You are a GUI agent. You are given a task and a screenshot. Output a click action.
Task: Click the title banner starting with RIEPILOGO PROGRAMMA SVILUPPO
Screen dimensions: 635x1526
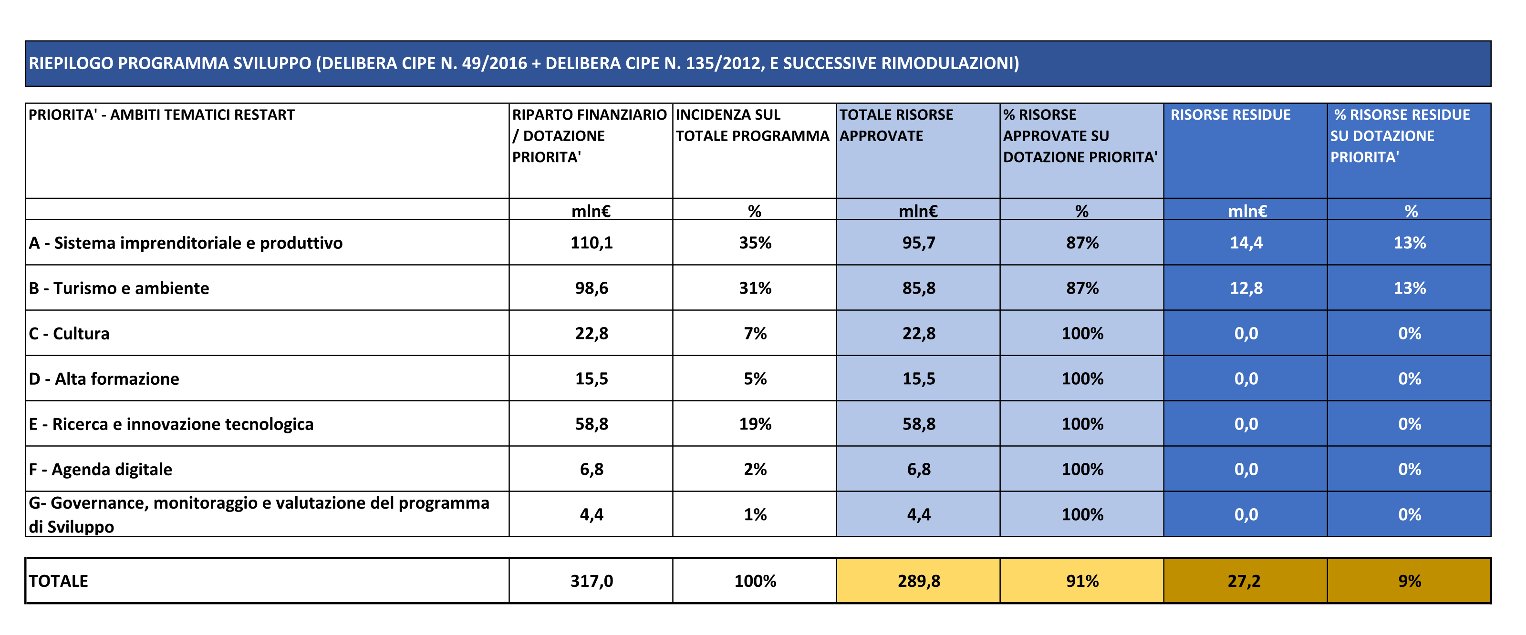pyautogui.click(x=524, y=63)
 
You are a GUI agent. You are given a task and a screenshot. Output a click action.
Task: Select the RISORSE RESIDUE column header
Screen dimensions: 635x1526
pyautogui.click(x=1230, y=115)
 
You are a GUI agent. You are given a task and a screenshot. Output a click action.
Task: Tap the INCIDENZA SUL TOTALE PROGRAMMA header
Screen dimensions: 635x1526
pyautogui.click(x=752, y=125)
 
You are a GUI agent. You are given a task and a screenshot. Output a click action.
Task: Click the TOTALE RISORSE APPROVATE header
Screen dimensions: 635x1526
pyautogui.click(x=896, y=125)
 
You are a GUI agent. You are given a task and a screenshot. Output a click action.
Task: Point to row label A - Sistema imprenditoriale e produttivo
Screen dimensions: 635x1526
pyautogui.click(x=186, y=243)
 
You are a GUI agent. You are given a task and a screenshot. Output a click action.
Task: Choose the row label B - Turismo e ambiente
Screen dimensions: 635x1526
pyautogui.click(x=119, y=288)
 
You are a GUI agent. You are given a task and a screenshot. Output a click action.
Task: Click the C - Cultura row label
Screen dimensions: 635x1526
pyautogui.click(x=69, y=334)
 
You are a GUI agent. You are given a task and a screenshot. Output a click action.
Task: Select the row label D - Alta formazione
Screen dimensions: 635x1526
pyautogui.click(x=104, y=379)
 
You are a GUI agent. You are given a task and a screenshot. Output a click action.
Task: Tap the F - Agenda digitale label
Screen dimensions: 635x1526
pyautogui.click(x=101, y=469)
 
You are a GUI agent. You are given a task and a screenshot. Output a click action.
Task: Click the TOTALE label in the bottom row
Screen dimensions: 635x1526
pyautogui.click(x=58, y=581)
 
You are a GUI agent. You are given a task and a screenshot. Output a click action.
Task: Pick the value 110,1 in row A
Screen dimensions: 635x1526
pyautogui.click(x=591, y=243)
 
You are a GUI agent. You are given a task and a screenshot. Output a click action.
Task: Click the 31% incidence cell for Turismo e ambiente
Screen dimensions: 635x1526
pyautogui.click(x=755, y=288)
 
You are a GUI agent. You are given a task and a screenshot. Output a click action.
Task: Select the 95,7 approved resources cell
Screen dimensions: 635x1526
pyautogui.click(x=918, y=243)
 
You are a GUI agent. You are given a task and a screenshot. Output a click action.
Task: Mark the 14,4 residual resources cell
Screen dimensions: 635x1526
pyautogui.click(x=1246, y=243)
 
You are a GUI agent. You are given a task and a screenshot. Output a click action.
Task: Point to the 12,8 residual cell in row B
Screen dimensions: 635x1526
pyautogui.click(x=1246, y=288)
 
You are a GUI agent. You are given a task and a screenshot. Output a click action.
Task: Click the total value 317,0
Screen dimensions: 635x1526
pyautogui.click(x=591, y=581)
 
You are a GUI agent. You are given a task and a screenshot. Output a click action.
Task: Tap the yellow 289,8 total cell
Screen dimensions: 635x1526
pyautogui.click(x=918, y=581)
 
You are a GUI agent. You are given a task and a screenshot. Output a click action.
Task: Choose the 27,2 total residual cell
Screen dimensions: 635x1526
pyautogui.click(x=1244, y=581)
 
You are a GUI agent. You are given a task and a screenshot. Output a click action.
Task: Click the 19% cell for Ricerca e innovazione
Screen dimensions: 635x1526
pyautogui.click(x=755, y=424)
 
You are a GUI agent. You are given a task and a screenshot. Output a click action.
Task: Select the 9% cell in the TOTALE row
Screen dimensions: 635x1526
pyautogui.click(x=1409, y=581)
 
